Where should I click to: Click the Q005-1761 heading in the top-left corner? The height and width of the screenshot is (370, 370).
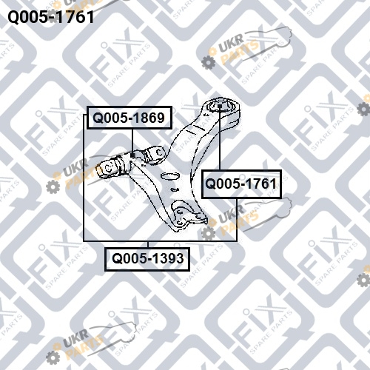51,17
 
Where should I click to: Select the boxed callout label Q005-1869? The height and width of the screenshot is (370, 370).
129,118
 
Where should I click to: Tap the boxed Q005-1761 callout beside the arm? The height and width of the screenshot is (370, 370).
241,184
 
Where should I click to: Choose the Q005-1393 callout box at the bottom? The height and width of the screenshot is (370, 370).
147,259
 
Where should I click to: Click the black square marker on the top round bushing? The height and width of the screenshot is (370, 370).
220,106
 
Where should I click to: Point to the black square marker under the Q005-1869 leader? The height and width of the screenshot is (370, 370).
132,155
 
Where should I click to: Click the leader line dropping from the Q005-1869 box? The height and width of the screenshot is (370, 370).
132,141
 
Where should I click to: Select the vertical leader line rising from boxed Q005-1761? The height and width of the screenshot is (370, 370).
220,139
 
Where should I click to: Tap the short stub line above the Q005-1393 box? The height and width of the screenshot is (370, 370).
148,244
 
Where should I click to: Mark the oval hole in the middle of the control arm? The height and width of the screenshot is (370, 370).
169,176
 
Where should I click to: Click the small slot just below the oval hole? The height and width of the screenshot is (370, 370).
175,189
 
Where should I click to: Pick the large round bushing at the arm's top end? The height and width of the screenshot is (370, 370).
221,107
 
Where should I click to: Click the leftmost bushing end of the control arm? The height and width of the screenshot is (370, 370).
107,169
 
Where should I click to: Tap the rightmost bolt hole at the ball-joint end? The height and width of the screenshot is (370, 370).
199,217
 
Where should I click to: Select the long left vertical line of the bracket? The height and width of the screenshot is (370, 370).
84,178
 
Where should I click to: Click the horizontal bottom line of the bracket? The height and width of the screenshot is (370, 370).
160,240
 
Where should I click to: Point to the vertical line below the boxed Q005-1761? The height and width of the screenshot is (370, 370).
237,220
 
